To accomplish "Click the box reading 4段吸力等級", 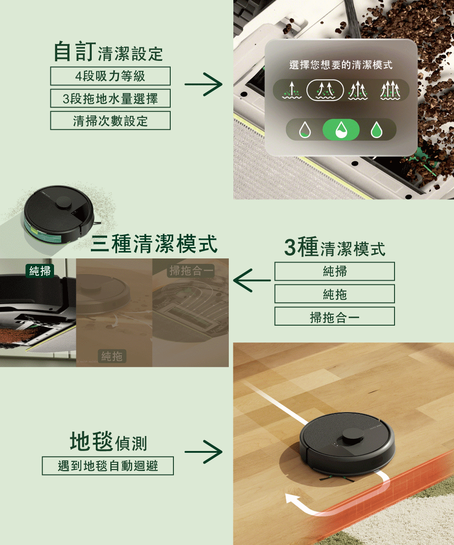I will click(110, 76).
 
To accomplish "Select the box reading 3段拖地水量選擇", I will click(110, 98).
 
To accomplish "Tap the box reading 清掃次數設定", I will click(110, 120).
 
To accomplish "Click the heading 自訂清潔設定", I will click(108, 52).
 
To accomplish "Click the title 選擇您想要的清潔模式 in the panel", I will click(340, 65).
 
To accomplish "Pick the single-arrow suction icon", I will click(292, 90).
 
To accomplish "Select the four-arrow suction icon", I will click(390, 90).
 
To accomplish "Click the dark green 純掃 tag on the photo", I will click(39, 271).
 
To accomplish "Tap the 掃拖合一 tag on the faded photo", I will click(191, 271).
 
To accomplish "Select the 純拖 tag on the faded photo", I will click(112, 356).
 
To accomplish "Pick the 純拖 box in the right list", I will click(335, 294).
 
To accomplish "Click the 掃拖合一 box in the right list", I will click(335, 317).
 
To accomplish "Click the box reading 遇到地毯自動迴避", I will click(108, 466).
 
